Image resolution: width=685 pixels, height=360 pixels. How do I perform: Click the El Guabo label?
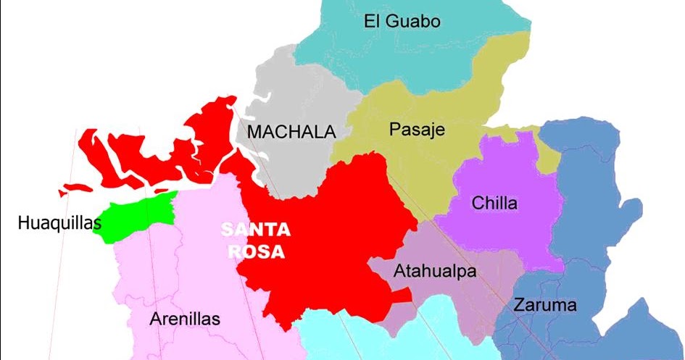click(x=402, y=21)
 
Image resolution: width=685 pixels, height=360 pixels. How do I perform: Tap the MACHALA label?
click(x=291, y=133)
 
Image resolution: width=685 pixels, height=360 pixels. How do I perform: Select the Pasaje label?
click(x=416, y=130)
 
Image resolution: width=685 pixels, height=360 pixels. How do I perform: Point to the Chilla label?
click(x=494, y=204)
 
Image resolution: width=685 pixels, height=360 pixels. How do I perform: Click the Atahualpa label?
click(x=434, y=272)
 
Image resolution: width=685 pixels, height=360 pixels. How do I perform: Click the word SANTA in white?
click(x=256, y=231)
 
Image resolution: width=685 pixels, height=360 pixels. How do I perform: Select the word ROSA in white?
click(x=255, y=253)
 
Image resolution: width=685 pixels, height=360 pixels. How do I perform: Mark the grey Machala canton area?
click(x=290, y=167)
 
